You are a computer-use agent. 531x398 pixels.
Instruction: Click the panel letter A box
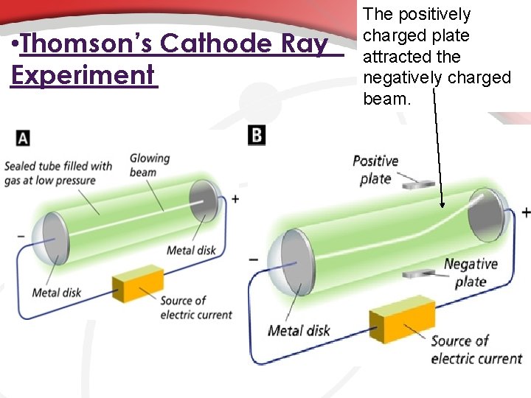pos(23,138)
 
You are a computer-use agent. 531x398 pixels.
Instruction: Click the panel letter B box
pos(257,135)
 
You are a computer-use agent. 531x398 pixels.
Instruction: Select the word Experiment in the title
pos(83,74)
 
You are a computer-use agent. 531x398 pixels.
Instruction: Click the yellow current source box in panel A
pos(137,284)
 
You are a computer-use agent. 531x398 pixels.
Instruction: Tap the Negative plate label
pos(471,273)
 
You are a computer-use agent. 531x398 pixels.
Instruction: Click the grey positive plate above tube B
pos(418,181)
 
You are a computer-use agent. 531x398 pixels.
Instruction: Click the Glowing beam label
pos(150,165)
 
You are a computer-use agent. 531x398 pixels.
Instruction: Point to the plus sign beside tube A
pos(235,198)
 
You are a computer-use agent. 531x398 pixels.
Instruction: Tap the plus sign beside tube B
pos(525,212)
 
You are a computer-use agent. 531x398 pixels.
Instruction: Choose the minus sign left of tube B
pos(253,259)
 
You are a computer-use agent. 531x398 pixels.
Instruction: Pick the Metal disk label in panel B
pos(299,331)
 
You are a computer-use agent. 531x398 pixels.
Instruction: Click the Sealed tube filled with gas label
pos(58,173)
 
